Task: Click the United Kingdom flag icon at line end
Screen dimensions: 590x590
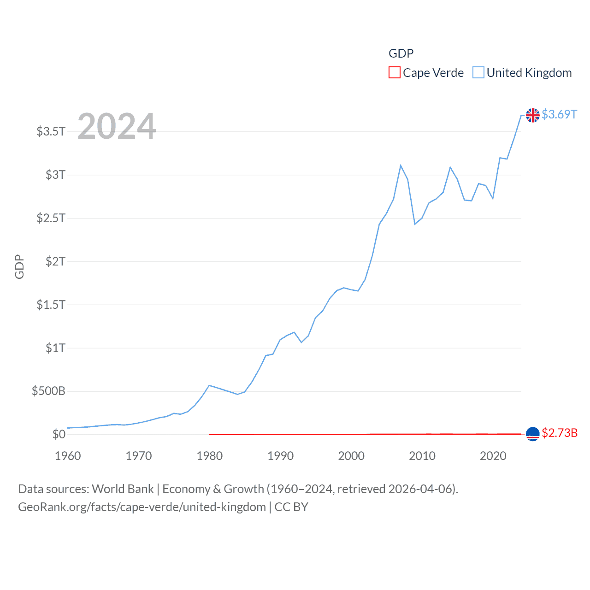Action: tap(532, 115)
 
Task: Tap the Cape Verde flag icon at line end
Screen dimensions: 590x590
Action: tap(532, 434)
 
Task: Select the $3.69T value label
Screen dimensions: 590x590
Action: tap(559, 114)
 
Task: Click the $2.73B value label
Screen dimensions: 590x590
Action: tap(560, 433)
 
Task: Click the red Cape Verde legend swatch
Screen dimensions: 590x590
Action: tap(394, 73)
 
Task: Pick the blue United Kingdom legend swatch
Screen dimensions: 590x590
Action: tap(478, 73)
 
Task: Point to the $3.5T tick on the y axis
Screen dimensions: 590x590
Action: tap(51, 131)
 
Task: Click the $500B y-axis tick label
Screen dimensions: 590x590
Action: tap(48, 391)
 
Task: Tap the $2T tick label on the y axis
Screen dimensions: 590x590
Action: tap(55, 261)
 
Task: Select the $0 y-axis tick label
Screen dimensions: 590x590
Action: tap(59, 434)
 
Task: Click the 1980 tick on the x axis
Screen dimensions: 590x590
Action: tap(210, 456)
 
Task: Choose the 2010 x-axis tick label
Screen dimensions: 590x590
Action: tap(422, 456)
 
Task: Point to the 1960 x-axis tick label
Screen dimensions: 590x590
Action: tap(68, 456)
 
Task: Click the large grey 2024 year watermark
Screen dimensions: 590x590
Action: tap(117, 126)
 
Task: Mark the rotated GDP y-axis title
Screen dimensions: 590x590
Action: tap(19, 266)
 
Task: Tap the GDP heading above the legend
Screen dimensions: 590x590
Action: tap(401, 53)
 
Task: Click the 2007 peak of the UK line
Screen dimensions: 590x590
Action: tap(401, 165)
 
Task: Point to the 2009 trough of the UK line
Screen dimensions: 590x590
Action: tap(415, 224)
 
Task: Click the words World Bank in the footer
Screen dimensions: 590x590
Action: tap(123, 489)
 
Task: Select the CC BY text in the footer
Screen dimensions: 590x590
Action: tap(291, 507)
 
